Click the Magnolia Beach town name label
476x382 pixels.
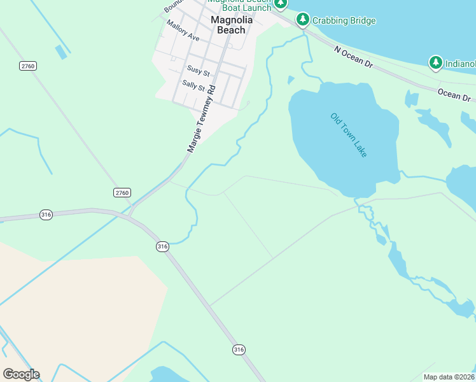pyautogui.click(x=231, y=25)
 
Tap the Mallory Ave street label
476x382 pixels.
pyautogui.click(x=183, y=31)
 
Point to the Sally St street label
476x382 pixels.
pyautogui.click(x=193, y=85)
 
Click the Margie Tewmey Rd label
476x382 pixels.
pyautogui.click(x=202, y=119)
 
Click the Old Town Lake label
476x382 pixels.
pyautogui.click(x=349, y=135)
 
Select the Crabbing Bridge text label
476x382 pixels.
pyautogui.click(x=344, y=21)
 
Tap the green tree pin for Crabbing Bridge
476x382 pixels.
pyautogui.click(x=303, y=19)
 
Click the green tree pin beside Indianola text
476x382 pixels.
pyautogui.click(x=436, y=62)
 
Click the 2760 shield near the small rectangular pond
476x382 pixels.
pyautogui.click(x=27, y=66)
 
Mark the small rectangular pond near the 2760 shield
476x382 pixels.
pyautogui.click(x=62, y=52)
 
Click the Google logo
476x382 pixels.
pyautogui.click(x=21, y=374)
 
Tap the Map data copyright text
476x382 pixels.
pyautogui.click(x=449, y=377)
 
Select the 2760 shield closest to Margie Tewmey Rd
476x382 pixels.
pyautogui.click(x=122, y=192)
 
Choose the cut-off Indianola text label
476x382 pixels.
pyautogui.click(x=460, y=64)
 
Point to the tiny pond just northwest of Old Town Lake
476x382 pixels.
pyautogui.click(x=291, y=80)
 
